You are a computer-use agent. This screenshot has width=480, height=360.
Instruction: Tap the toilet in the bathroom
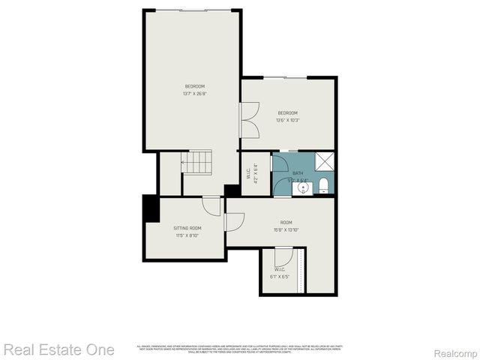coord(324,185)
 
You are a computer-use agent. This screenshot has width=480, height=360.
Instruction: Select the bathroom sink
coord(303,187)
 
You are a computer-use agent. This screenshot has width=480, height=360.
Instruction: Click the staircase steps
coord(199,161)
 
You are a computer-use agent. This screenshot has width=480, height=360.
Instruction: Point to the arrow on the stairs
coord(184,161)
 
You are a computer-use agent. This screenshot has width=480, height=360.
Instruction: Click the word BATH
coord(298,173)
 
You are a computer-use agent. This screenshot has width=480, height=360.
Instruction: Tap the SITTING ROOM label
coord(187,228)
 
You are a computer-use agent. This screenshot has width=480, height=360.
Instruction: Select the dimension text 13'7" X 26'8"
coord(195,94)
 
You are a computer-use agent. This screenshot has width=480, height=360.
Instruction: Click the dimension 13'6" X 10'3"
coord(288,120)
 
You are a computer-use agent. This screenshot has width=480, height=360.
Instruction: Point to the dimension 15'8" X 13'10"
coord(286,229)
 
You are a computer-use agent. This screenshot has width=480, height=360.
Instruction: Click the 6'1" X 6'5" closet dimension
coord(279,277)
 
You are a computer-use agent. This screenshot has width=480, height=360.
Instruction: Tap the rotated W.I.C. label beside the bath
coord(248,173)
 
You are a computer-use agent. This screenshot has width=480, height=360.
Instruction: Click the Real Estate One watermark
coord(59,349)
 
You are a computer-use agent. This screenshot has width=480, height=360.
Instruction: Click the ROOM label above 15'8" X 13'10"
coord(286,222)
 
